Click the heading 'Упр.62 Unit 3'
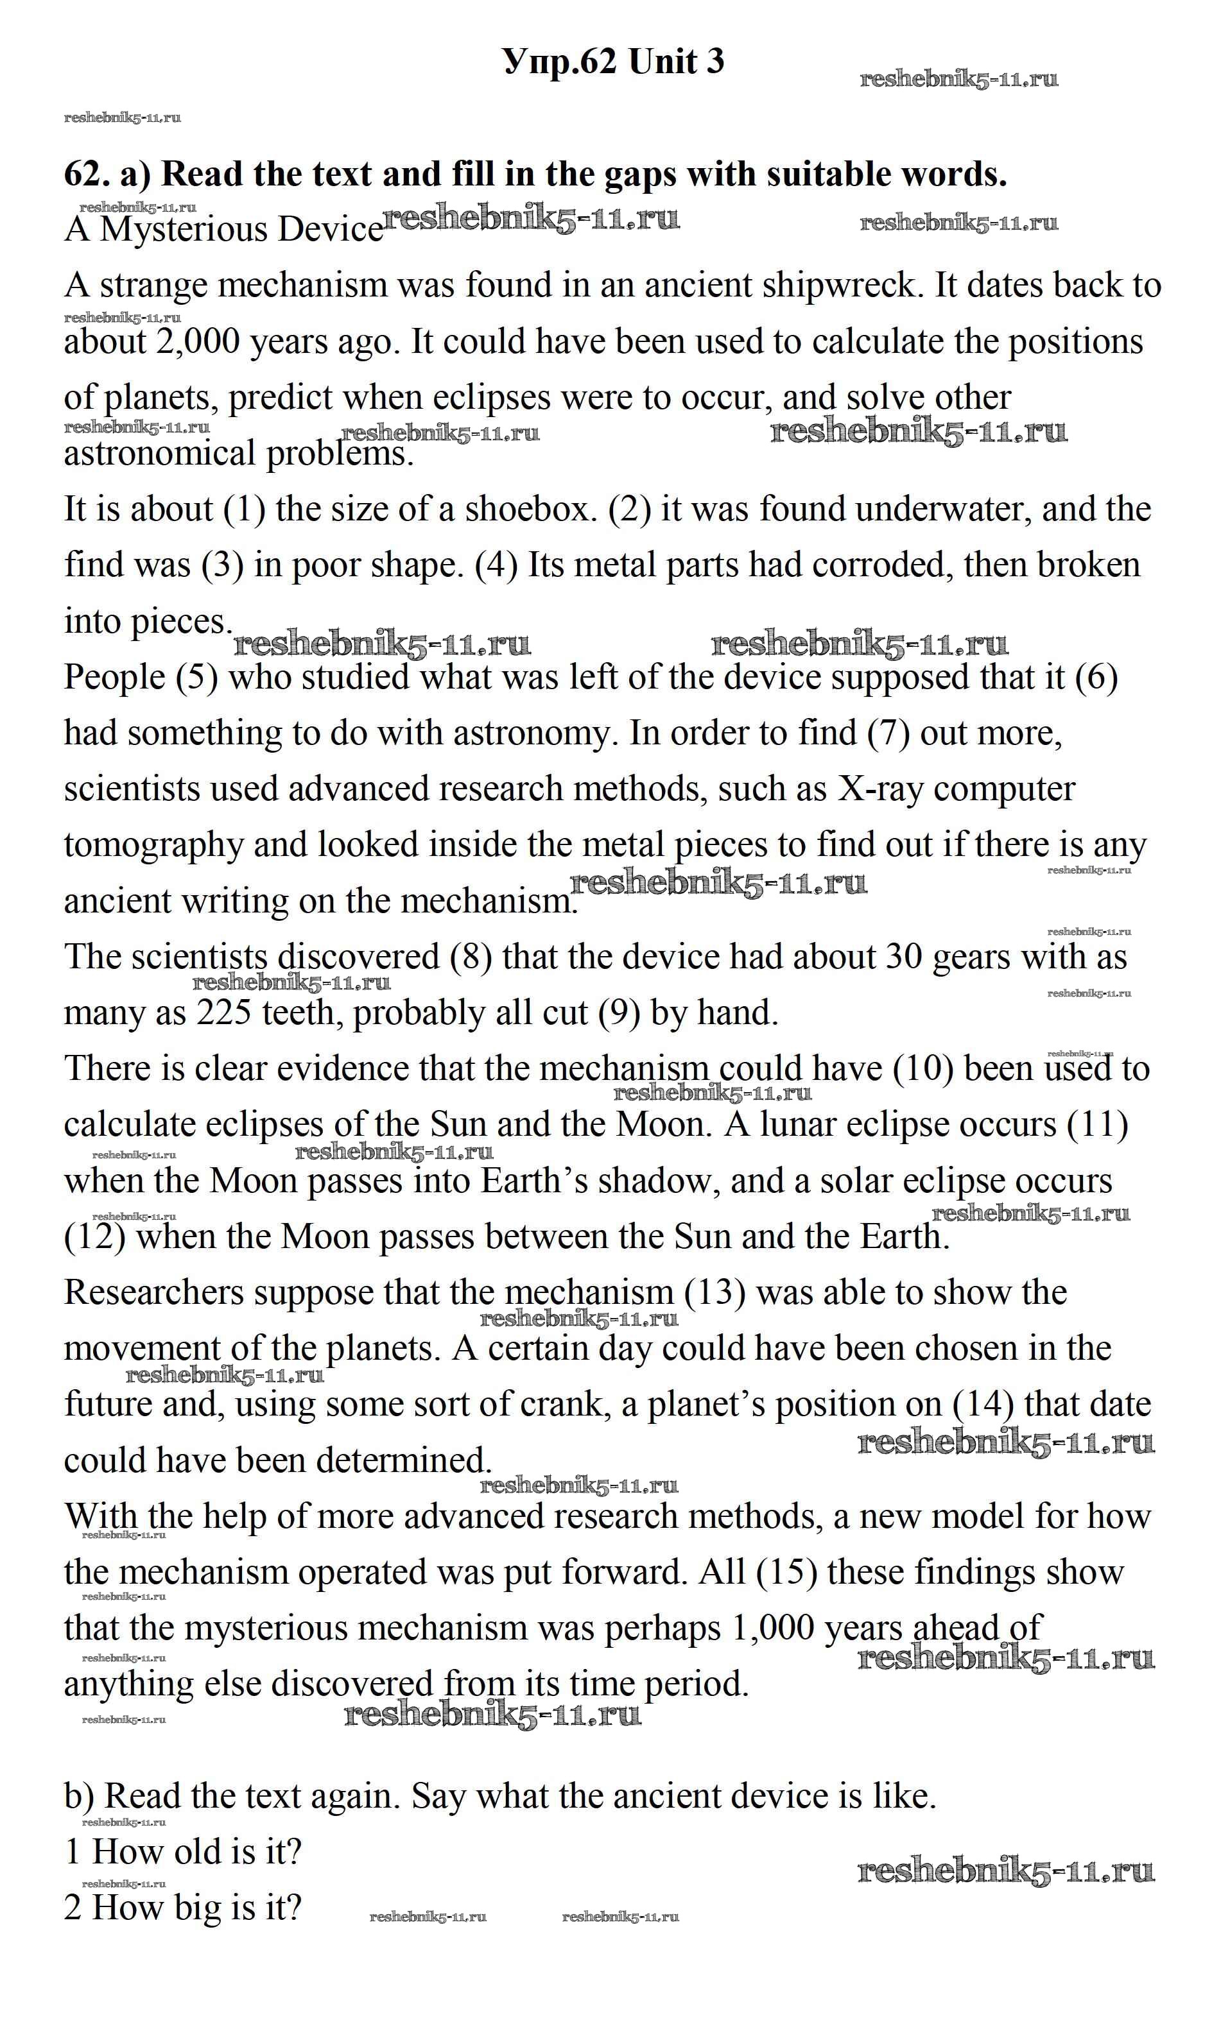point(613,62)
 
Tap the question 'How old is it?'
point(196,1852)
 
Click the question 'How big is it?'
point(196,1908)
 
